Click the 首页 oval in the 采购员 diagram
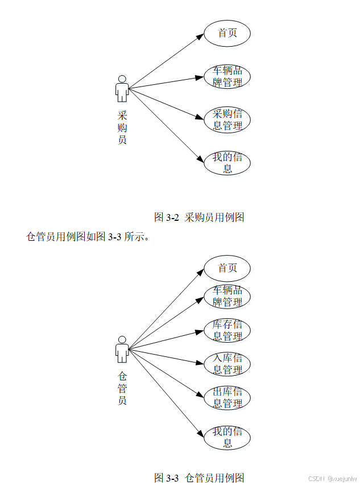227,33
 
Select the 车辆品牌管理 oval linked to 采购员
227,77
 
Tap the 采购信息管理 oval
227,120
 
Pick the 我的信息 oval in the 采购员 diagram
227,163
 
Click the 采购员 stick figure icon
122,88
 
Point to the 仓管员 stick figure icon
122,349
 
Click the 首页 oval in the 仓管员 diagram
227,268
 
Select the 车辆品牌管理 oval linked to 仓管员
227,297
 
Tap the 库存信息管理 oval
227,331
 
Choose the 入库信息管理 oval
227,364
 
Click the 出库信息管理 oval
227,398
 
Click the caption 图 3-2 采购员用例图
199,217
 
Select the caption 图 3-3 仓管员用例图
199,477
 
